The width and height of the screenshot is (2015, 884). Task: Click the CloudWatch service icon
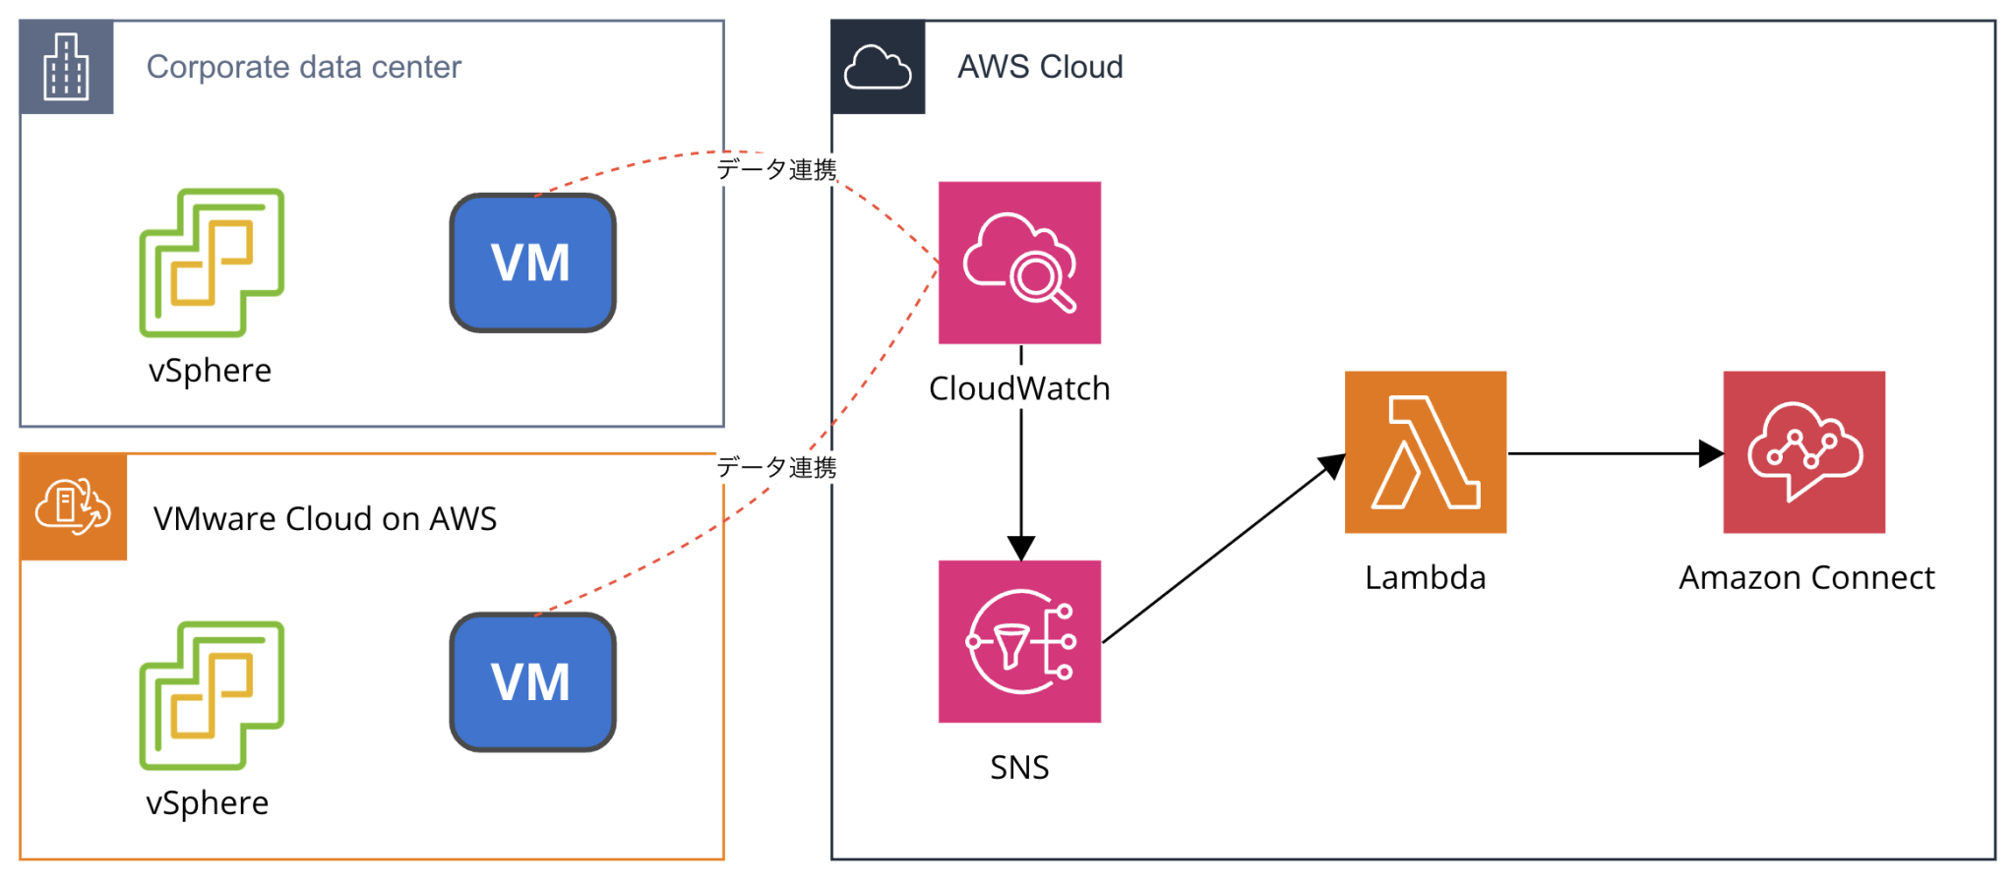[1019, 263]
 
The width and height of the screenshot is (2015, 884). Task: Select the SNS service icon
[1019, 641]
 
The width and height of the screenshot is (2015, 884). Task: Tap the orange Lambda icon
[1425, 452]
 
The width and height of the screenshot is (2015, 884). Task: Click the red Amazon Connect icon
[1803, 452]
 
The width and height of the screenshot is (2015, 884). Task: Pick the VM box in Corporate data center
[532, 263]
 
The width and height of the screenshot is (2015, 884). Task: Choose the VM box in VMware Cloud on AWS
[532, 681]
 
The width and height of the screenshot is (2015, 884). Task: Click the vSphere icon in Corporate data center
[212, 263]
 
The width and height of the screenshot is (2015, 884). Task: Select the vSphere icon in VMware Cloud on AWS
[212, 695]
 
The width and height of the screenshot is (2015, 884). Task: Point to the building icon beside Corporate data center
[66, 67]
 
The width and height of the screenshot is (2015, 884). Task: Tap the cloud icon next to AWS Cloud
[878, 67]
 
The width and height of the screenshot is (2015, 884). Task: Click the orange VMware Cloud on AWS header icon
[73, 506]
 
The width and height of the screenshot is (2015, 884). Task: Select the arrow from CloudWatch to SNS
[1021, 482]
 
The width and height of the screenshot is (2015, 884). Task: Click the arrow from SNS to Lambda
[1220, 551]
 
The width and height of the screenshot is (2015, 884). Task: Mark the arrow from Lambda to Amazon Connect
[1614, 453]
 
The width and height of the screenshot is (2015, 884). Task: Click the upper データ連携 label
[776, 169]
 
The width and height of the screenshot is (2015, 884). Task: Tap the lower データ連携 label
[776, 467]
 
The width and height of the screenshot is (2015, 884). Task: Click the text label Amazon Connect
[1806, 577]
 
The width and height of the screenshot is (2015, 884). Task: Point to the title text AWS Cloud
[1040, 67]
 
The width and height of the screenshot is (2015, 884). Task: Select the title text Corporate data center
[303, 67]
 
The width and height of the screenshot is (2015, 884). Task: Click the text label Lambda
[1425, 577]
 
